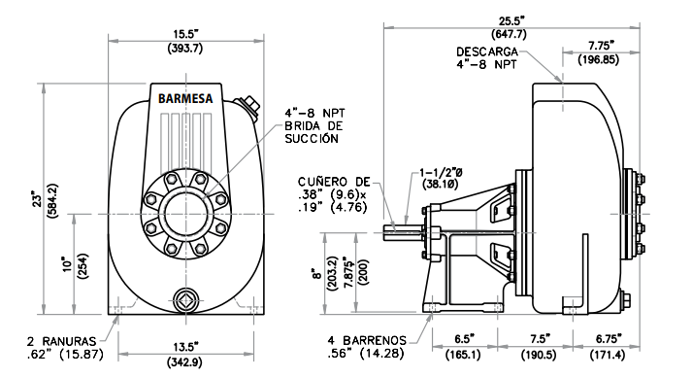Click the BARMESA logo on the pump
click(x=185, y=98)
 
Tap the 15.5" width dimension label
click(x=185, y=34)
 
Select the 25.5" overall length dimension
click(x=511, y=20)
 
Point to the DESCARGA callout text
click(x=487, y=52)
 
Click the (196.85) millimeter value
click(x=598, y=59)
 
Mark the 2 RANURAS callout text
click(x=62, y=341)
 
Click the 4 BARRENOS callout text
click(x=367, y=340)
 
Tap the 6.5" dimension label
click(x=464, y=339)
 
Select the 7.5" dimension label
click(x=540, y=339)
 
